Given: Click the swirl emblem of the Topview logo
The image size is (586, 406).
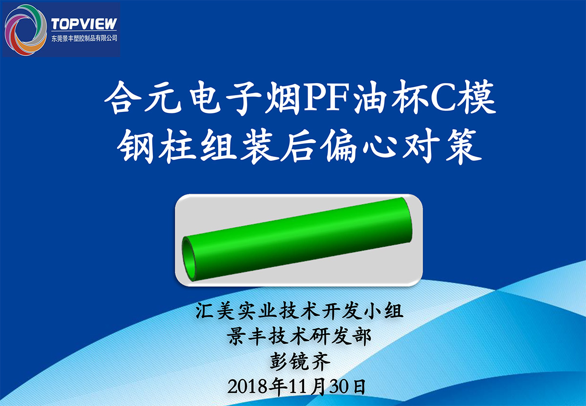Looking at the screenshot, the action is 25,30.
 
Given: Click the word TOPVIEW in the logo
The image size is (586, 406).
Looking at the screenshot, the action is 84,24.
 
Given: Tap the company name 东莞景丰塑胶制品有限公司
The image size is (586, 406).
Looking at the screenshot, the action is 84,38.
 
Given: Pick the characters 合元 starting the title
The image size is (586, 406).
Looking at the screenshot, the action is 143,97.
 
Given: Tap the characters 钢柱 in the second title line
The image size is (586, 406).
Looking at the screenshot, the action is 156,146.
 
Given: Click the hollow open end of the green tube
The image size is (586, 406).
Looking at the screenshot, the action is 189,258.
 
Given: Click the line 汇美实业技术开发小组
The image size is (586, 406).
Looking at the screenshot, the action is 299,311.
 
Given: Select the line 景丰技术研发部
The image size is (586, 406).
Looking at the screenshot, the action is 299,336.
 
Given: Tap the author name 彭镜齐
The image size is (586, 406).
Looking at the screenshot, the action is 300,362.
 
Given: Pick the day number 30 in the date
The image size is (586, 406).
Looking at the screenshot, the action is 339,386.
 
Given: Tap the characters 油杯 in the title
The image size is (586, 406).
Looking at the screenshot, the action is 391,97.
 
